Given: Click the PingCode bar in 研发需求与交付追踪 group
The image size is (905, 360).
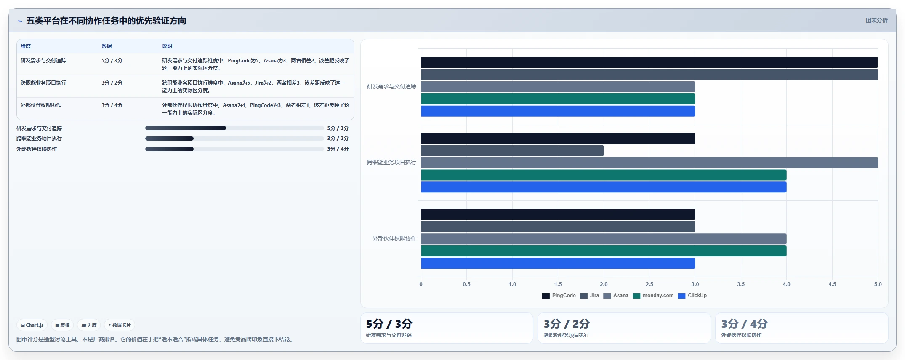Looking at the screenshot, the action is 649,62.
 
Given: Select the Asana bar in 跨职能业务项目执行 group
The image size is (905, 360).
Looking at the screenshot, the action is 649,163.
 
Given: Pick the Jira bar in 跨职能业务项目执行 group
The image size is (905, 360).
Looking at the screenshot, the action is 512,150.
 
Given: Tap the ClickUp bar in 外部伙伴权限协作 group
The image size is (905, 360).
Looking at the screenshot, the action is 558,263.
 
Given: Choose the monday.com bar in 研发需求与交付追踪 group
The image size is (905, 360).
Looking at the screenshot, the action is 558,99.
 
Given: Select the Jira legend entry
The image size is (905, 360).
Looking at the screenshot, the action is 589,296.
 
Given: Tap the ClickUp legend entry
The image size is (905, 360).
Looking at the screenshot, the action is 692,296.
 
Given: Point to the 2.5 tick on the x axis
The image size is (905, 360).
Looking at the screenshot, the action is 649,285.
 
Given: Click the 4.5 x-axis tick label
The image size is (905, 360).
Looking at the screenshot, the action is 832,285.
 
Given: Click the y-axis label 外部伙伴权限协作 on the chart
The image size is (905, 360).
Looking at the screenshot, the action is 394,238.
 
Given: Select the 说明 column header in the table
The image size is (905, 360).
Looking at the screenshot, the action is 167,46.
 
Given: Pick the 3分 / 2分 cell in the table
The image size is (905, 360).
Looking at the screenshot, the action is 112,83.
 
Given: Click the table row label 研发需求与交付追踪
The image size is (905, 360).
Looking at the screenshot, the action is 43,61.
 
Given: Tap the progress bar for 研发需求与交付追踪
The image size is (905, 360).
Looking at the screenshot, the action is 234,128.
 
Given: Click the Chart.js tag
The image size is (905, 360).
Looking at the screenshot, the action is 32,325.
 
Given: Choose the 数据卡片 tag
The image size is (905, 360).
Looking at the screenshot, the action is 120,325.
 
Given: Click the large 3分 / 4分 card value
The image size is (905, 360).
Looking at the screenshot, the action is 744,324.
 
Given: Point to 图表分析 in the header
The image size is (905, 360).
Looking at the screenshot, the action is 876,20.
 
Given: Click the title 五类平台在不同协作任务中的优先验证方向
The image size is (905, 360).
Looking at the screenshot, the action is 106,21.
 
